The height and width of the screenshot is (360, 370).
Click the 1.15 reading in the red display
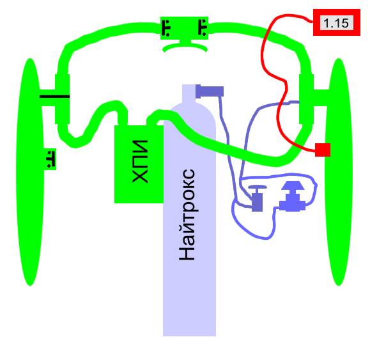(x=336, y=23)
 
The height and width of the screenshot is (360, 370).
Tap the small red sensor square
(x=323, y=150)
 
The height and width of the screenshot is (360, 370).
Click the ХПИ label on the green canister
(x=140, y=162)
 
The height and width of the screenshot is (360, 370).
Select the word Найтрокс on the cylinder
(x=187, y=215)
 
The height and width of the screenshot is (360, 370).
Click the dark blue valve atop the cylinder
(x=210, y=91)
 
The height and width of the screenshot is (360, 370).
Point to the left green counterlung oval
(x=30, y=172)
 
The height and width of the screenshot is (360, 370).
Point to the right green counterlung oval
(x=339, y=172)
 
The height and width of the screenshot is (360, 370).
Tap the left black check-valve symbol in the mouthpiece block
(x=166, y=28)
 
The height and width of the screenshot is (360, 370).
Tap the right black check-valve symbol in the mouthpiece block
(x=203, y=28)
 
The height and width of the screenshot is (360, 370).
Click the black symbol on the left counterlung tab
(x=50, y=159)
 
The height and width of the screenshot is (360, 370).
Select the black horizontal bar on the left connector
(x=55, y=97)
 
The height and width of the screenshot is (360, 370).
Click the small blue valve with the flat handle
(x=257, y=198)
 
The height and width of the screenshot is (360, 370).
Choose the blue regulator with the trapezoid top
(x=293, y=196)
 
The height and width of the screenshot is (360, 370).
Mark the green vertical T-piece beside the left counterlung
(x=62, y=99)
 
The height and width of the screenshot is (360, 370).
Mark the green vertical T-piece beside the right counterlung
(x=306, y=99)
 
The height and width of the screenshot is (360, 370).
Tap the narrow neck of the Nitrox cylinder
(x=189, y=94)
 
